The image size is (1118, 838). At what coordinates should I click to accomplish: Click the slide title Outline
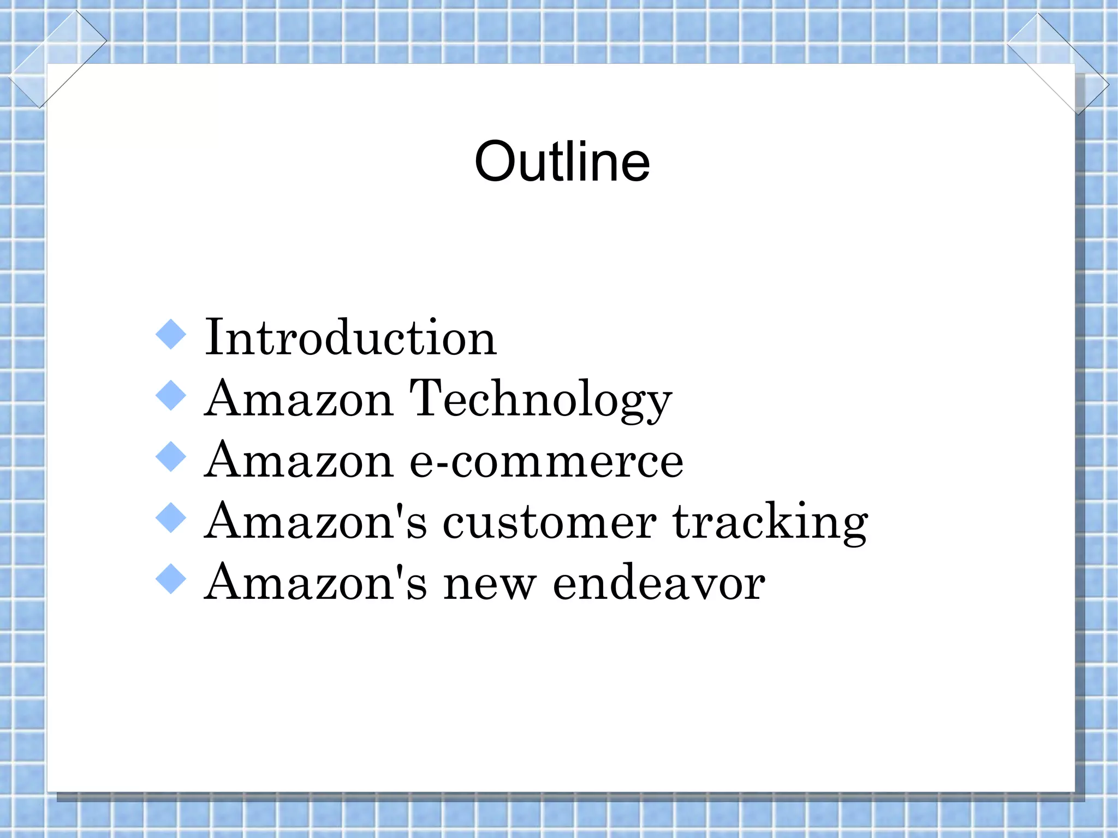pos(562,162)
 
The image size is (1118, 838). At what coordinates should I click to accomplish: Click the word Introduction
pos(350,338)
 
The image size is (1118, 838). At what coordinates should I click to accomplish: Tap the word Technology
pos(540,400)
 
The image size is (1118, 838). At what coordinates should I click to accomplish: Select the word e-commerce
pos(546,461)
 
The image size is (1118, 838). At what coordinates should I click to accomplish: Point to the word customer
pos(549,522)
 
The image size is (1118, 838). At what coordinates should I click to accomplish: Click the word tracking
pos(770,522)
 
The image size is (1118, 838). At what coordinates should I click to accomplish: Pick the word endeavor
pos(659,583)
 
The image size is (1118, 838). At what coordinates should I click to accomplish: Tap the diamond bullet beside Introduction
pos(171,335)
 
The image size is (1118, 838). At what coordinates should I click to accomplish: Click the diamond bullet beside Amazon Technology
pos(171,396)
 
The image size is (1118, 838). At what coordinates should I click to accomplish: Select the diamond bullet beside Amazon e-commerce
pos(171,457)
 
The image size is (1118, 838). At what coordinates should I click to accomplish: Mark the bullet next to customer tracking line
pos(171,518)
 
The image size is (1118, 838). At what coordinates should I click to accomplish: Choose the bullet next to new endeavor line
pos(171,579)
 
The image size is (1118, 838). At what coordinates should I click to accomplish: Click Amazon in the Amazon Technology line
pos(299,399)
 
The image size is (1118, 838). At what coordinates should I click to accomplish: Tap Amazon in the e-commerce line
pos(299,460)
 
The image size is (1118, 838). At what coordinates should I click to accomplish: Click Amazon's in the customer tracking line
pos(315,521)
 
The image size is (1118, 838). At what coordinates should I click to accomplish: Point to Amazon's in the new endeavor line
pos(315,583)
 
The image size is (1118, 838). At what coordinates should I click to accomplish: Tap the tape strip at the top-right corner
pos(1058,64)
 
